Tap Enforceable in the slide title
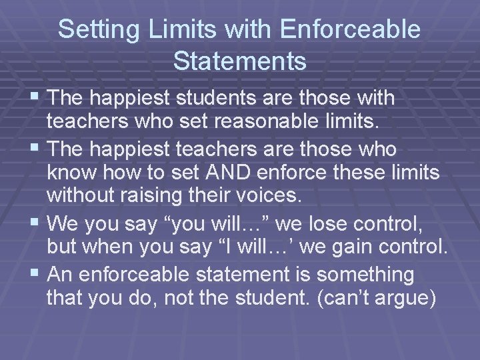[x=351, y=29]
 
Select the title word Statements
[x=239, y=61]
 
